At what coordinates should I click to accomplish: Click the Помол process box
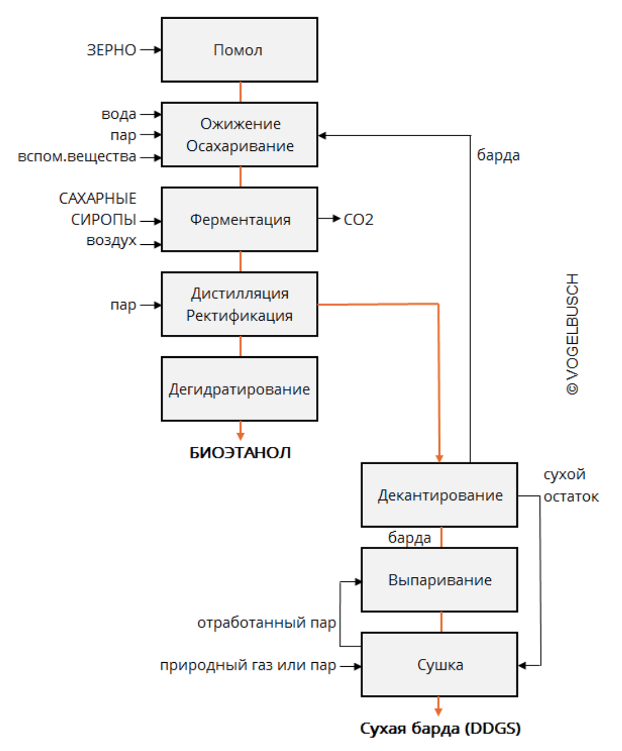239,50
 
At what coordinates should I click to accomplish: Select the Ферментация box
239,219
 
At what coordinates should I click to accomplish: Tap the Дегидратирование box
239,389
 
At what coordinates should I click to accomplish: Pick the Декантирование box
439,495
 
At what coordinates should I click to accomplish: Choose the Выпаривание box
439,580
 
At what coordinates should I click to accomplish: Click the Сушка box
439,664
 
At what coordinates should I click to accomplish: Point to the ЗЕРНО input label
111,50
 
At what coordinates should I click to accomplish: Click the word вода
119,114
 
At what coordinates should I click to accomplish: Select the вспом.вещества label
77,157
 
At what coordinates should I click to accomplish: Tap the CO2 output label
358,219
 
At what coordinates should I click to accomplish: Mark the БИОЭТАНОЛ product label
240,452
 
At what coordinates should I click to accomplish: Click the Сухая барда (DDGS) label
440,728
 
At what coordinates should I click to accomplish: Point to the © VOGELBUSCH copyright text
572,334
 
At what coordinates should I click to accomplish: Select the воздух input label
111,240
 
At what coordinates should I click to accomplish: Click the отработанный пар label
266,623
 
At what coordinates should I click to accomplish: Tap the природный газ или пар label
248,665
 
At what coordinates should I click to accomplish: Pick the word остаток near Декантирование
571,497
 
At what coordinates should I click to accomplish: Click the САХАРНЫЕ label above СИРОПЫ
98,198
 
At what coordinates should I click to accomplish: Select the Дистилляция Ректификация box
239,304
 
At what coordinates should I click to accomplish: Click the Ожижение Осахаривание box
239,135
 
